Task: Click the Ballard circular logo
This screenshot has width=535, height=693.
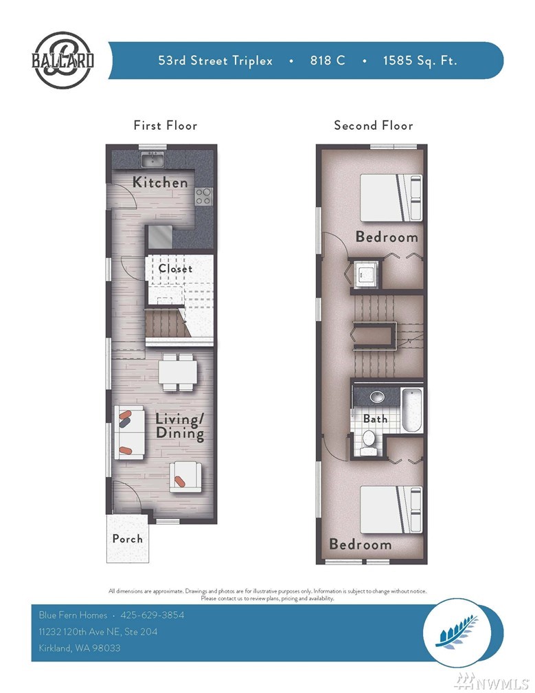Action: coord(62,60)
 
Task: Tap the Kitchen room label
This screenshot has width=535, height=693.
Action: coord(160,182)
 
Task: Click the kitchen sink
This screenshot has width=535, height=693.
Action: coord(152,159)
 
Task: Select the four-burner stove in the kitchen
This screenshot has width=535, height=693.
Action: coord(203,196)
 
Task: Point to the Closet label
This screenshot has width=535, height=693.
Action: coord(175,268)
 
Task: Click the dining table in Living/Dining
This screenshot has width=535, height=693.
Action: coord(178,372)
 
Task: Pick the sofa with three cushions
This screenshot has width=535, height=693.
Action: coord(129,432)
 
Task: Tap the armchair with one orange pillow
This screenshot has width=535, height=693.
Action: coord(185,477)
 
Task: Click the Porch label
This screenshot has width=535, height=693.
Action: coord(128,539)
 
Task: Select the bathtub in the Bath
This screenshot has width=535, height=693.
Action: coord(412,410)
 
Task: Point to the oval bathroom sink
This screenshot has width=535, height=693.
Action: coord(376,396)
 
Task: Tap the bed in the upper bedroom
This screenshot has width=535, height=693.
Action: coord(391,197)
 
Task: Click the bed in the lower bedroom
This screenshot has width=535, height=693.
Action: coord(391,509)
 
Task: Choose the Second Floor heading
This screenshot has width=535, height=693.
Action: coord(374,126)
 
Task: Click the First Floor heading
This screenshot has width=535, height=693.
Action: coord(166,126)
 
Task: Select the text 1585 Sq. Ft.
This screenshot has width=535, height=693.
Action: coord(420,60)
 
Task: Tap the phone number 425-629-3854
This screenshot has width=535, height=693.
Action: coord(152,615)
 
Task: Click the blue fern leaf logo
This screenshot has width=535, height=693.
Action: coord(457,632)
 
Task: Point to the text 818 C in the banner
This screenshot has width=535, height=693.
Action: coord(328,60)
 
